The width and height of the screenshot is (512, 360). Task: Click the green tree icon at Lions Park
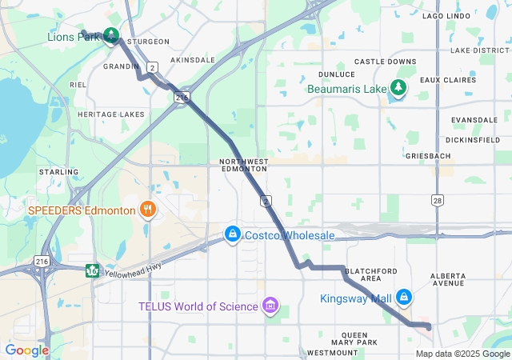(111, 35)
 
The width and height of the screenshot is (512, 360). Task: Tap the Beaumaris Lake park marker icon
(398, 88)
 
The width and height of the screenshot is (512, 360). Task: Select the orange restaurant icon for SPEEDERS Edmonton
(146, 210)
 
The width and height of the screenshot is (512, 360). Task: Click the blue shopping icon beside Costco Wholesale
(232, 234)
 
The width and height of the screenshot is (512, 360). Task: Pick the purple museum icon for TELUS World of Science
(270, 306)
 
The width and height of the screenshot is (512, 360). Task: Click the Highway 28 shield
(437, 199)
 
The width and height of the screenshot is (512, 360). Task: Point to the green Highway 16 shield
(93, 269)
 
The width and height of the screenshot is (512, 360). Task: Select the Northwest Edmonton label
(243, 166)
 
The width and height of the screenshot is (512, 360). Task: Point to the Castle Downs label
(385, 62)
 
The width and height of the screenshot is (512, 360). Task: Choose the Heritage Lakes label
(111, 114)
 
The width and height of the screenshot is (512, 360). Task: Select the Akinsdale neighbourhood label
(193, 60)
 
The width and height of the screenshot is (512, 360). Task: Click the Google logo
(27, 350)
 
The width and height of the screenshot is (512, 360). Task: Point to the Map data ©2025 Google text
(462, 354)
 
